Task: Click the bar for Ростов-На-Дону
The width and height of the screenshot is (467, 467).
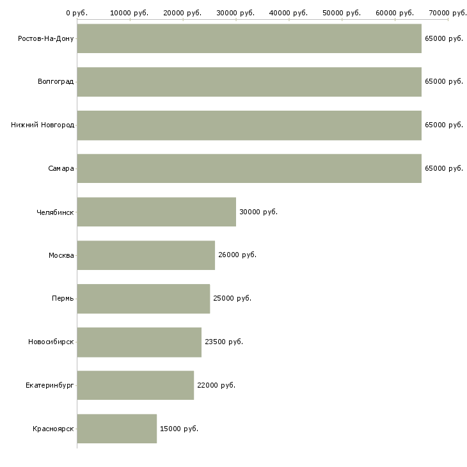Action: pyautogui.click(x=249, y=38)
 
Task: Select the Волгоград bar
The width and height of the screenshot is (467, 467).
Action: pyautogui.click(x=249, y=82)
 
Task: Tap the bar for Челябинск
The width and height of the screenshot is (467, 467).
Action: pyautogui.click(x=157, y=212)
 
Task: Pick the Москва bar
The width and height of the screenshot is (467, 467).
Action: pyautogui.click(x=146, y=255)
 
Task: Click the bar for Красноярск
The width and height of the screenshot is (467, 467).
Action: pyautogui.click(x=117, y=429)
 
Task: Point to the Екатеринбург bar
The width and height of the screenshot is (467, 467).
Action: pyautogui.click(x=136, y=385)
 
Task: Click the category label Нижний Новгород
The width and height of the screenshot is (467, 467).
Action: pyautogui.click(x=43, y=125)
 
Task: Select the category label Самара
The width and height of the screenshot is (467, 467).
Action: pyautogui.click(x=61, y=169)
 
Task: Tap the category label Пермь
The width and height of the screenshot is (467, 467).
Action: pyautogui.click(x=63, y=298)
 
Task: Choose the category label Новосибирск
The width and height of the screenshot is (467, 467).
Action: pyautogui.click(x=51, y=342)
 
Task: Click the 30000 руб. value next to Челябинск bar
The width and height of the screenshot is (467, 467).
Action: pyautogui.click(x=258, y=212)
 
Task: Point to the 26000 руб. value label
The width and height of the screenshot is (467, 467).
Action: pyautogui.click(x=237, y=255)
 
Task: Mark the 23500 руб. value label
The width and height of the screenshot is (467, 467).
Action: pyautogui.click(x=224, y=342)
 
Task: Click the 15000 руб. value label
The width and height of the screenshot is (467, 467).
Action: pyautogui.click(x=179, y=429)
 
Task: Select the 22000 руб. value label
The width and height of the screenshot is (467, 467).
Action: pyautogui.click(x=216, y=385)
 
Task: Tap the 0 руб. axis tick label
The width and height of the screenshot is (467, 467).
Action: pyautogui.click(x=77, y=13)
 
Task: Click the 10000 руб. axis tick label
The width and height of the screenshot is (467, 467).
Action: pyautogui.click(x=129, y=13)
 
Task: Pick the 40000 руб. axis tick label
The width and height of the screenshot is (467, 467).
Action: pyautogui.click(x=289, y=13)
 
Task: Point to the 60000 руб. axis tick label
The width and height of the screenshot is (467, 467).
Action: pyautogui.click(x=395, y=13)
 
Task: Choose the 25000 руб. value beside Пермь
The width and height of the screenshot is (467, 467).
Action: pyautogui.click(x=232, y=298)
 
